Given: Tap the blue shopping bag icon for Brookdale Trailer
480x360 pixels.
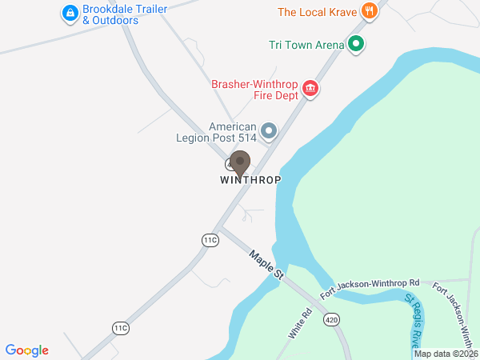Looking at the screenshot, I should point(70,13).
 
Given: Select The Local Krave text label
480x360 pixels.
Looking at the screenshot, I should point(316,12).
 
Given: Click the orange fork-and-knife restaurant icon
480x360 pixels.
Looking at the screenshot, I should point(369,11).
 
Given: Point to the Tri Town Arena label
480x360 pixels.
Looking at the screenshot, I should point(306,44).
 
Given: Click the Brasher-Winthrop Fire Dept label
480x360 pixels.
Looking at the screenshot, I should point(254,89).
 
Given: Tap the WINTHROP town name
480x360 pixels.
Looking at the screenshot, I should point(250,180).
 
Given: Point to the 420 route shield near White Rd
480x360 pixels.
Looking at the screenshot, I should point(331,320).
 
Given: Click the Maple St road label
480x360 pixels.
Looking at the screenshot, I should point(266,265).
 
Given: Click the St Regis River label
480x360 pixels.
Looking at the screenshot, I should point(417,319).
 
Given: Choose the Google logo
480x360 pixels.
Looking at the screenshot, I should point(27,350).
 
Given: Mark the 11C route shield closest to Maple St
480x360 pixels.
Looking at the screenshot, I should point(210,240).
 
